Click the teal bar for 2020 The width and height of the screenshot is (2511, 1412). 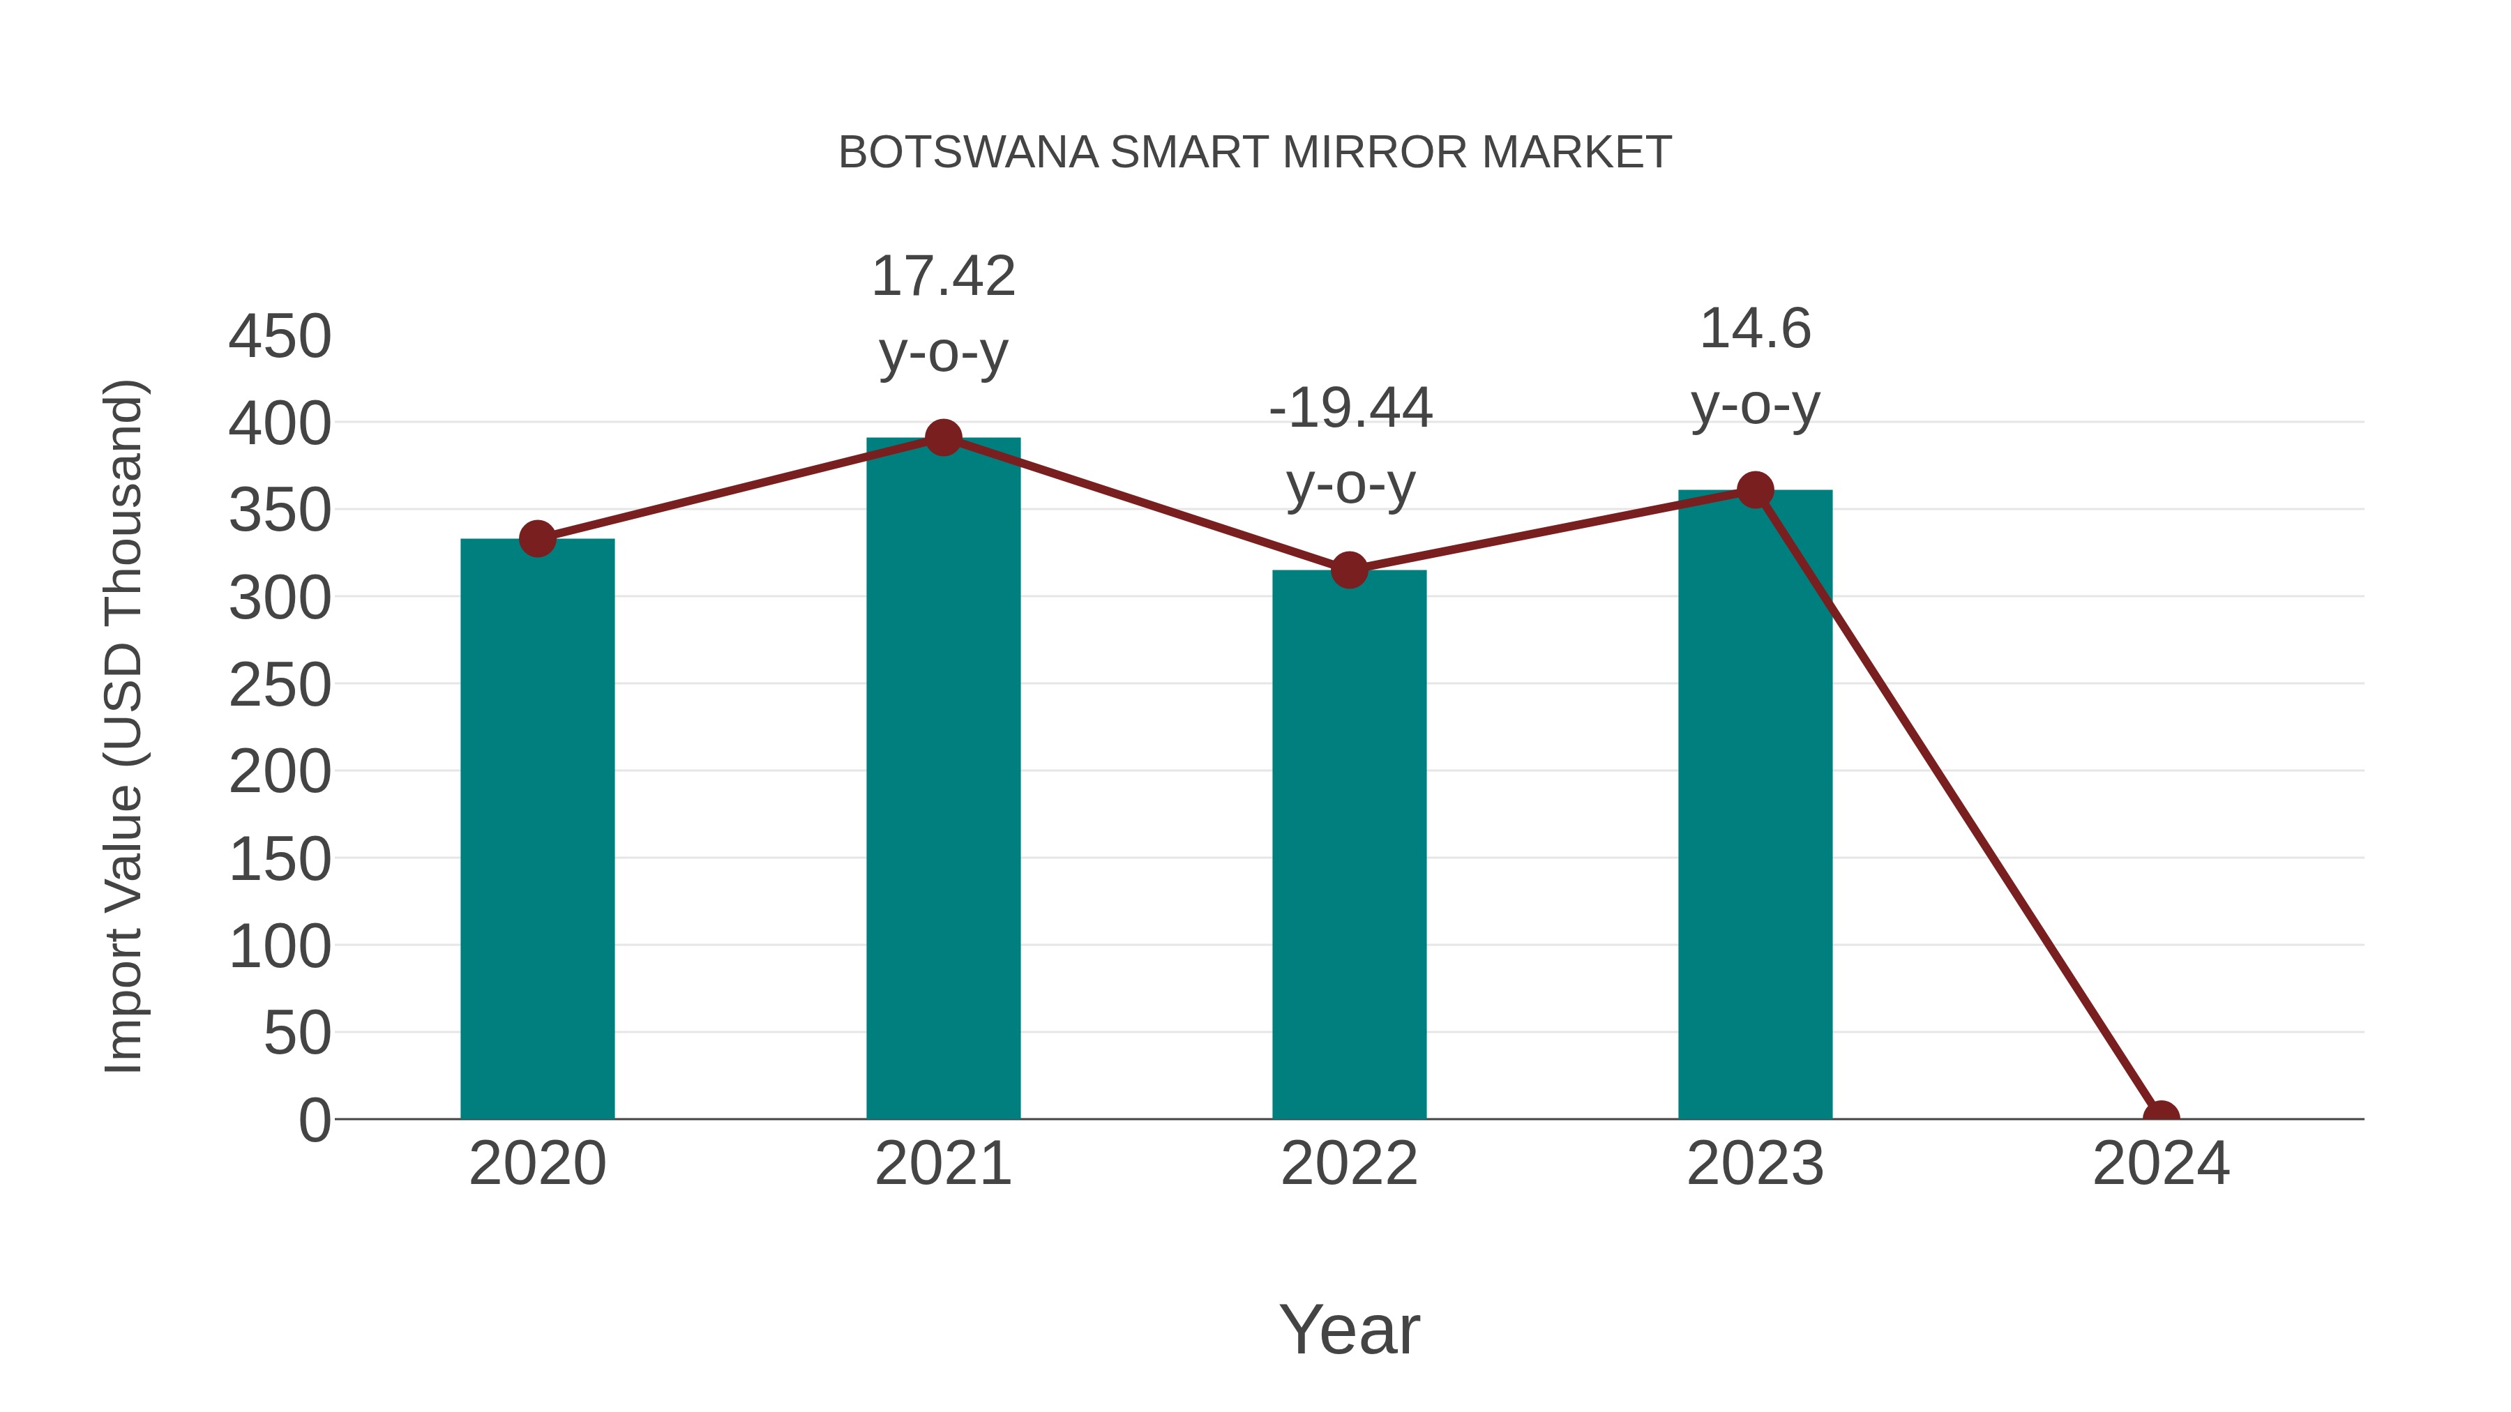537,828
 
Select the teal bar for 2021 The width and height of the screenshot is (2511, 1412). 942,780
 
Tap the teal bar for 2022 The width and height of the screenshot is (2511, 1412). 1349,844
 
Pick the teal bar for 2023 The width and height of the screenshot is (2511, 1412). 1755,804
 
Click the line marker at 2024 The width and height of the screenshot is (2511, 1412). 2161,1117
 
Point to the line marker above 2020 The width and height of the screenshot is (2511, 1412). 537,538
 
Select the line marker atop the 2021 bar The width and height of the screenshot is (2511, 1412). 942,439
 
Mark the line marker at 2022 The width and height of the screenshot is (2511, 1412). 1349,570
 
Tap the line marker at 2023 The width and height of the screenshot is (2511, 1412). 1755,490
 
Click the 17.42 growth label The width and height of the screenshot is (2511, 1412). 942,277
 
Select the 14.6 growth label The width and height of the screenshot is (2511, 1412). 1755,329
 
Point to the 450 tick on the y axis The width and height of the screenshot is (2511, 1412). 280,337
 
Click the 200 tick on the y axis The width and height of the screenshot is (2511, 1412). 280,773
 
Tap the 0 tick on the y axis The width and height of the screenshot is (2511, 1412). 315,1120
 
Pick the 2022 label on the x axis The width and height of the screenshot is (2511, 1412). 1349,1164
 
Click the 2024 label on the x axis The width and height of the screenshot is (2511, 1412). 2161,1164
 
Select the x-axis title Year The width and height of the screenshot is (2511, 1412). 1349,1329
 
